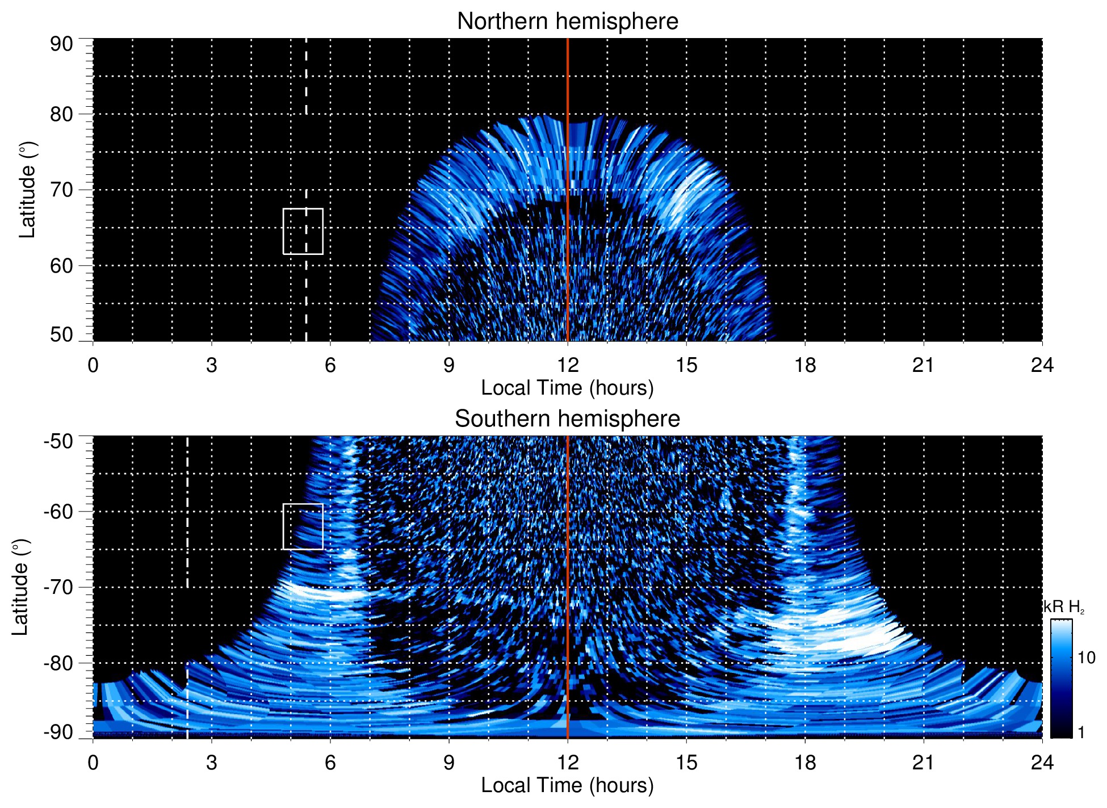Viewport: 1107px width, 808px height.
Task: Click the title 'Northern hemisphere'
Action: tap(567, 22)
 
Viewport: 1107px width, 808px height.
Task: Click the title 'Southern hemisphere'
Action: tap(567, 419)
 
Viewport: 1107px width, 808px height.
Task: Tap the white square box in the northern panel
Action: tap(303, 231)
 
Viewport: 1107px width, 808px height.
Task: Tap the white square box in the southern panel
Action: tap(303, 526)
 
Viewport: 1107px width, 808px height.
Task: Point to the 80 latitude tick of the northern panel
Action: tap(61, 114)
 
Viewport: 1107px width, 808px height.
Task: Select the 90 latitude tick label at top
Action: tap(61, 44)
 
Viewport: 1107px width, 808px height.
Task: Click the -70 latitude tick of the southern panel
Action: tap(58, 587)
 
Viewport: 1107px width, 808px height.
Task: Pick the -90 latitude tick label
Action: tap(58, 732)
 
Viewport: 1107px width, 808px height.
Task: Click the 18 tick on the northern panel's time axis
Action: tap(805, 365)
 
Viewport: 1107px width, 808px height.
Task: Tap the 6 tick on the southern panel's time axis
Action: tap(330, 763)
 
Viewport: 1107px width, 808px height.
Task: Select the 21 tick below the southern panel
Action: tap(924, 763)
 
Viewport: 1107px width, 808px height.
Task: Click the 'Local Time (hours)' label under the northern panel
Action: tap(567, 388)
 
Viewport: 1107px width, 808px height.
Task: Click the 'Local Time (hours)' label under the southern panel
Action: tap(567, 785)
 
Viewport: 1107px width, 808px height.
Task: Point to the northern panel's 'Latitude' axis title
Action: tap(27, 190)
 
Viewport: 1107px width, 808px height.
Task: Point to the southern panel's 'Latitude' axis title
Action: tap(20, 587)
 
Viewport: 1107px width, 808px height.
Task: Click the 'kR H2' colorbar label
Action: tap(1063, 607)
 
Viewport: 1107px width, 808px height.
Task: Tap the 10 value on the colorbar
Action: tap(1086, 658)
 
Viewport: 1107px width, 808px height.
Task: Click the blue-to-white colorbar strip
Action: tap(1061, 679)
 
